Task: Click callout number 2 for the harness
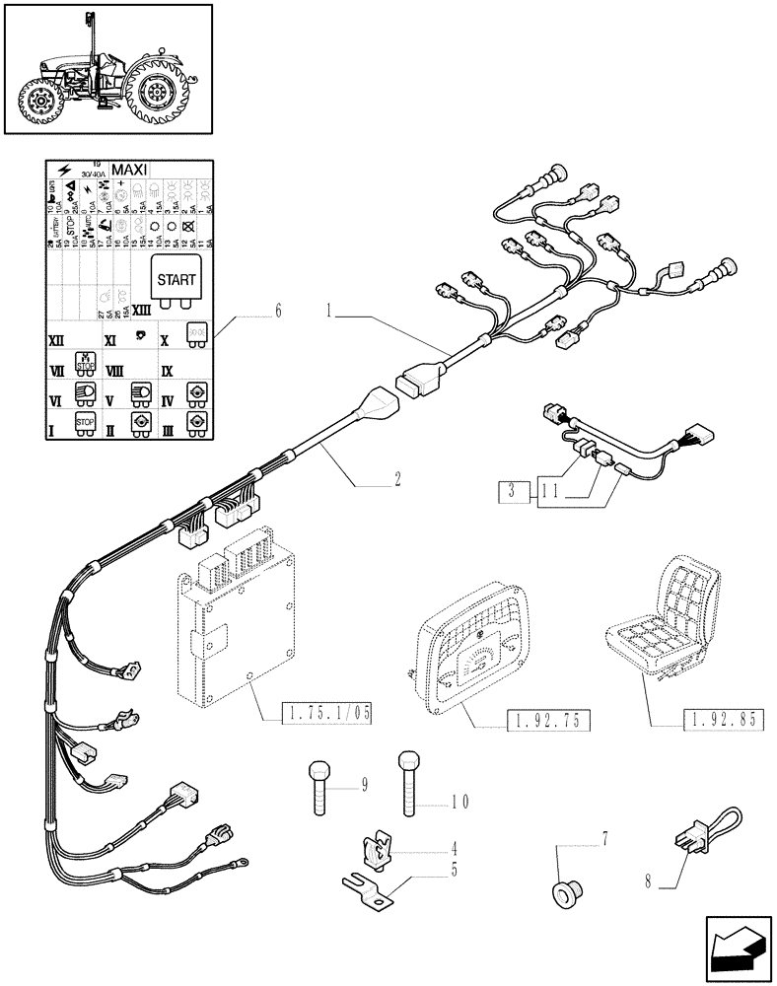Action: (396, 480)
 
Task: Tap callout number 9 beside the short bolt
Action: (364, 786)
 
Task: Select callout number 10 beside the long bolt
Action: (459, 802)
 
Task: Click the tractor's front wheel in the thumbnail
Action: (42, 101)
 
